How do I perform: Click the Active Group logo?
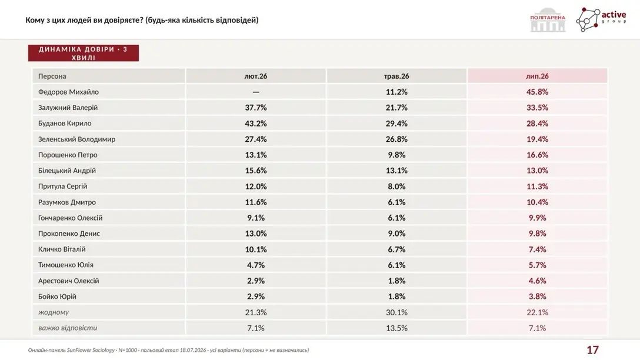coord(601,19)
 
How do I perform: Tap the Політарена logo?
coord(548,19)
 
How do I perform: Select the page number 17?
coord(593,350)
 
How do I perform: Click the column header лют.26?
coord(255,76)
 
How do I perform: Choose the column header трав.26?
coord(396,76)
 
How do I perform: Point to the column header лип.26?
coord(537,76)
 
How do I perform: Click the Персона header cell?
coord(52,76)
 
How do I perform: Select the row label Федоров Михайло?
coord(69,92)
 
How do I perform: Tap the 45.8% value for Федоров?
coord(537,92)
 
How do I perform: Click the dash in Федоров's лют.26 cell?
coord(255,92)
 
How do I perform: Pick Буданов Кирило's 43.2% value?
coord(255,124)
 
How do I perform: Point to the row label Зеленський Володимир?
coord(76,139)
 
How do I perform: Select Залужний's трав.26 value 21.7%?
coord(396,108)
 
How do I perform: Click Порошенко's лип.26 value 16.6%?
coord(537,155)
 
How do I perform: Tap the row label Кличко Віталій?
coord(62,249)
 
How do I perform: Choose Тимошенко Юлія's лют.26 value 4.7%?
coord(255,265)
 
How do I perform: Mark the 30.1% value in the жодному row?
coord(396,312)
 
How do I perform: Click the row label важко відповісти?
coord(68,328)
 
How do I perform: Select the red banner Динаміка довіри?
coord(84,53)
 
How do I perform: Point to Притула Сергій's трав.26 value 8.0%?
coord(396,186)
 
